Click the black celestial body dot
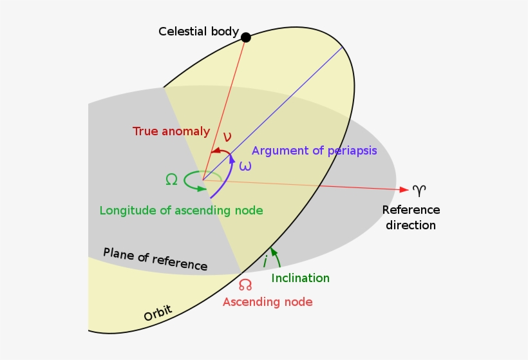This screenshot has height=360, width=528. [245, 37]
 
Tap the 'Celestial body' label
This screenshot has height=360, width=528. [198, 32]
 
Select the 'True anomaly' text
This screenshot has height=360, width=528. [171, 131]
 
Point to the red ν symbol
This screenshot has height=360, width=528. [227, 137]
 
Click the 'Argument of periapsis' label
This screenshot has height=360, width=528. [314, 151]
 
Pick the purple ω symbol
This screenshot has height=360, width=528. [245, 166]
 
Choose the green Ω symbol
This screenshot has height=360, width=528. [171, 180]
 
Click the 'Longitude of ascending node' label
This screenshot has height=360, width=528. [182, 211]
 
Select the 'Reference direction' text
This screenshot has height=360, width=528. [411, 218]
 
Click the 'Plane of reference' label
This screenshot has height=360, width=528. [155, 259]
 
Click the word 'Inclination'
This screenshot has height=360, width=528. [300, 278]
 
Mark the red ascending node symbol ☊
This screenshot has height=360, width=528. [245, 285]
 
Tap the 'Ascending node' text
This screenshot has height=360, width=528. [268, 302]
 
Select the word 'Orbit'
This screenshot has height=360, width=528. [158, 314]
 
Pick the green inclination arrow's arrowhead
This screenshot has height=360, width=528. [273, 251]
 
